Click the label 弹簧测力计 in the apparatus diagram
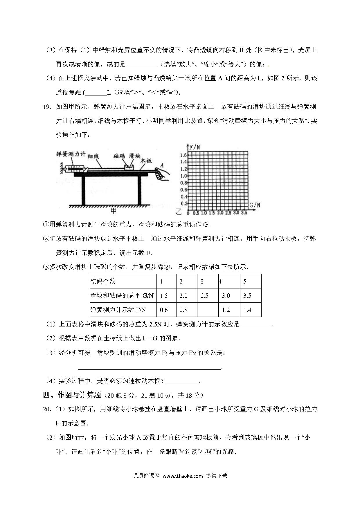click(71, 154)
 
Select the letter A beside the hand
click(162, 165)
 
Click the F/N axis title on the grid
click(194, 147)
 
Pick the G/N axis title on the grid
click(255, 205)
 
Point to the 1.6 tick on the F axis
click(183, 155)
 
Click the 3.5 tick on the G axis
click(244, 213)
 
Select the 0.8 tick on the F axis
click(183, 183)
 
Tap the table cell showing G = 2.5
click(204, 296)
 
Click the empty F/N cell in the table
click(208, 310)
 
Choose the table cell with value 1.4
click(247, 310)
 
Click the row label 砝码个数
click(103, 281)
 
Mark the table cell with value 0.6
click(164, 310)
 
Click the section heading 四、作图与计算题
click(72, 395)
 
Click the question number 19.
click(47, 107)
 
